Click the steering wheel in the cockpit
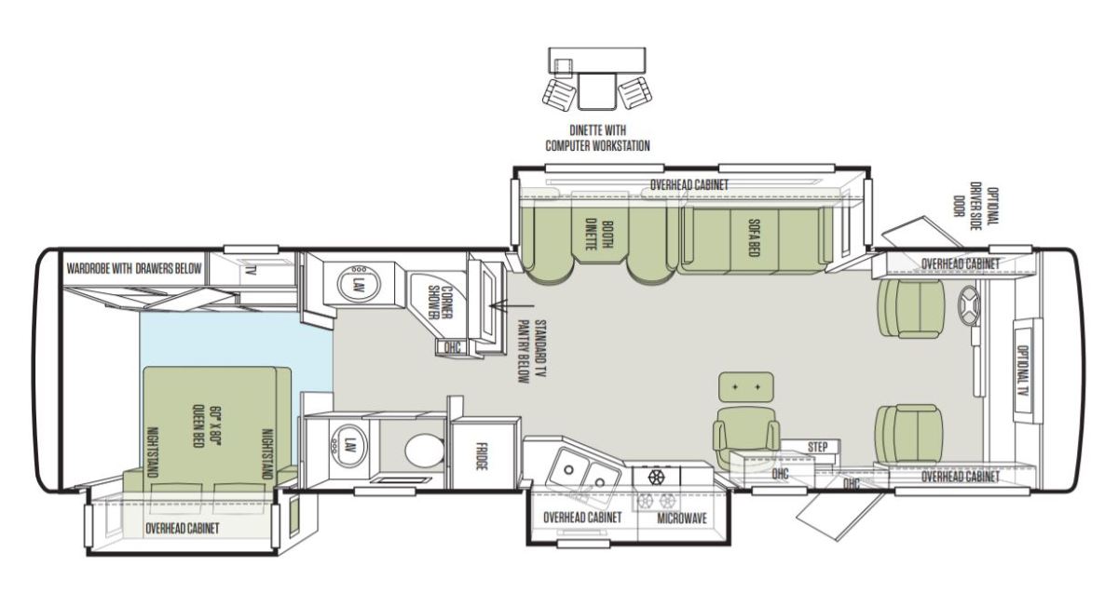969,305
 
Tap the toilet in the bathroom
424,451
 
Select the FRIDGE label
481,456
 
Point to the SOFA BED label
754,238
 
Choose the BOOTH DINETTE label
599,235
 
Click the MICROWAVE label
682,519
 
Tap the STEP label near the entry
817,447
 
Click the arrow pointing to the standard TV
511,305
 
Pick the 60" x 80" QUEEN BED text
206,426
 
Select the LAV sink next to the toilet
348,446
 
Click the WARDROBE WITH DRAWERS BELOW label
134,269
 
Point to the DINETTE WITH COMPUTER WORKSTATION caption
597,138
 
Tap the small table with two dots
746,387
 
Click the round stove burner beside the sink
656,478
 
